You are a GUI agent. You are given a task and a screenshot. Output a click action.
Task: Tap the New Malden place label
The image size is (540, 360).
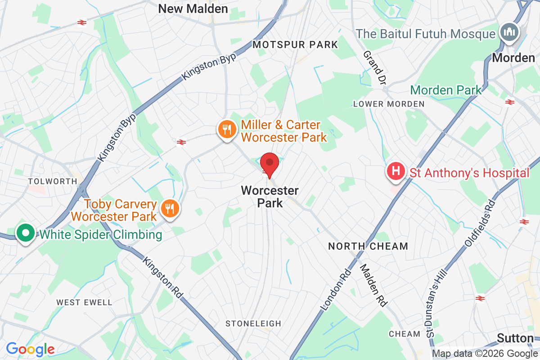click(x=193, y=9)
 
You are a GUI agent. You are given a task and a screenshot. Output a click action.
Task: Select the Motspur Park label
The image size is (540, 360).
click(x=295, y=45)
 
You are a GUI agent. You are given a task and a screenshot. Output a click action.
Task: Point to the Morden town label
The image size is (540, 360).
click(x=513, y=58)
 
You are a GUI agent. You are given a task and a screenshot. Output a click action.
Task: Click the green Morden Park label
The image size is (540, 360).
click(x=446, y=90)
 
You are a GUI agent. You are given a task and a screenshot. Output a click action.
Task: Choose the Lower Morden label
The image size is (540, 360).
click(x=389, y=104)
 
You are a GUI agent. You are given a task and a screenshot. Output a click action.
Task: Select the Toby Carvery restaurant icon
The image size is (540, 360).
click(x=170, y=208)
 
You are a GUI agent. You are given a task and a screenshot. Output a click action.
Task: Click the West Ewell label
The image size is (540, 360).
click(x=84, y=302)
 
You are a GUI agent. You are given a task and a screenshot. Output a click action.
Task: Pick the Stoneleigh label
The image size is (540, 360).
click(x=253, y=324)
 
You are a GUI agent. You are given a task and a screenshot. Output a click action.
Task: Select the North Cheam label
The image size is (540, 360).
click(x=368, y=246)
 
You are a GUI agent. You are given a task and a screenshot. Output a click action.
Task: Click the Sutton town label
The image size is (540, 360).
click(x=516, y=338)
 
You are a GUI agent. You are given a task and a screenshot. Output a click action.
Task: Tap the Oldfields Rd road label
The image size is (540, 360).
click(x=480, y=224)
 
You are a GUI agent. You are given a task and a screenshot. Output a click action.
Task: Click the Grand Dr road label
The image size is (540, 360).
click(x=375, y=68)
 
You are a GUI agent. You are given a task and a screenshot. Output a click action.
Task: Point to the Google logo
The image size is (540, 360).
click(x=31, y=349)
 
